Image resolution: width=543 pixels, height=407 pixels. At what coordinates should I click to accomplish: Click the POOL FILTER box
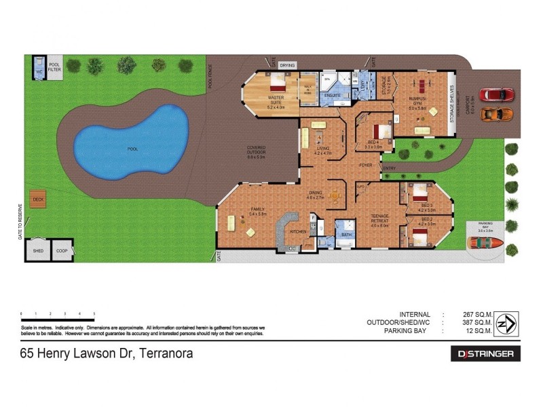click(54, 69)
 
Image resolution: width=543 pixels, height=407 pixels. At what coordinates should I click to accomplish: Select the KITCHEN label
click(299, 232)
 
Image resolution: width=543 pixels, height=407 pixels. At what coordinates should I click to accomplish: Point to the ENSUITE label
click(332, 96)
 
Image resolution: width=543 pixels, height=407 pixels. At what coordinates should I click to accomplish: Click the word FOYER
click(367, 164)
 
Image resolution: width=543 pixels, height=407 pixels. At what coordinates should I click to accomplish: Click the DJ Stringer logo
click(485, 353)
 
